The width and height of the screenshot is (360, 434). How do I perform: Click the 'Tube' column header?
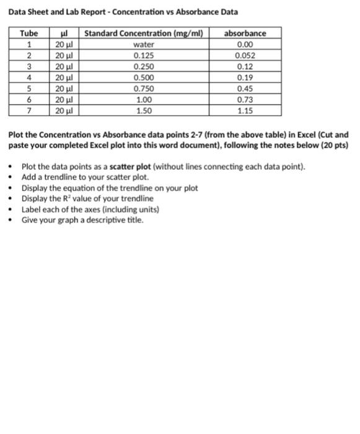pos(29,33)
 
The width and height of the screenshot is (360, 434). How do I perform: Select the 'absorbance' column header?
pos(245,33)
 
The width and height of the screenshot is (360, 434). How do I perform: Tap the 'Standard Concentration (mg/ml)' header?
pos(144,33)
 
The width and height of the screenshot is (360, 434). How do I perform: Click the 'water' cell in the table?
pos(144,45)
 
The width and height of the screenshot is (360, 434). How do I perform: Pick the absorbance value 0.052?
pos(245,56)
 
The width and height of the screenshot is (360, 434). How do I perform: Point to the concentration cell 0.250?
pos(144,67)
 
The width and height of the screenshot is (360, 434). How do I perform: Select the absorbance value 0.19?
pos(245,78)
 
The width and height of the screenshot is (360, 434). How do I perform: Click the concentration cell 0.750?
pos(144,89)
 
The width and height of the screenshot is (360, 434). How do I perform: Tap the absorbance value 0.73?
pos(245,100)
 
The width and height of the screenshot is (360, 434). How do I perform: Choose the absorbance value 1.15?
pos(245,111)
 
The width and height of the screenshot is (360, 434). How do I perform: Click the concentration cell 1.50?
pos(144,111)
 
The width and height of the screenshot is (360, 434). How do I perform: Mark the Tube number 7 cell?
pos(29,111)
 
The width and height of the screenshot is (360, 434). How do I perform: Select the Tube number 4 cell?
pos(29,78)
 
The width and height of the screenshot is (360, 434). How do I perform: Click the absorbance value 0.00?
pos(245,45)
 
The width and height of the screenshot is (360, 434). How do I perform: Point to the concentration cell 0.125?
pos(144,56)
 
